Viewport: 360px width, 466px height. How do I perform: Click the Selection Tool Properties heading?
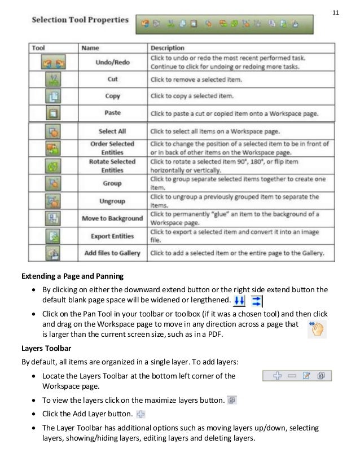coord(80,20)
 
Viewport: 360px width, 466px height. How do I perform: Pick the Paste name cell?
coord(112,113)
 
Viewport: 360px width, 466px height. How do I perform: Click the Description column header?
coord(168,49)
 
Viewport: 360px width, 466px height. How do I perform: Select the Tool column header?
coord(38,49)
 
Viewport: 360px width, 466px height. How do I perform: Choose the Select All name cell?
coord(112,131)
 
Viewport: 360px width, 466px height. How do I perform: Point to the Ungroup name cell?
coord(112,201)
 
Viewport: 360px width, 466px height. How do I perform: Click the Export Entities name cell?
coord(112,236)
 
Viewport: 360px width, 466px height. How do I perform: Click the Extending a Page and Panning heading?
coord(72,276)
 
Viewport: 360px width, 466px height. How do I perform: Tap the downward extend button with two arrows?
coord(240,300)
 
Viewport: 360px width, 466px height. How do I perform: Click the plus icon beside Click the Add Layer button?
coord(141,414)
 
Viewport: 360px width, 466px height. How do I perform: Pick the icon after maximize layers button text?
coord(231,401)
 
